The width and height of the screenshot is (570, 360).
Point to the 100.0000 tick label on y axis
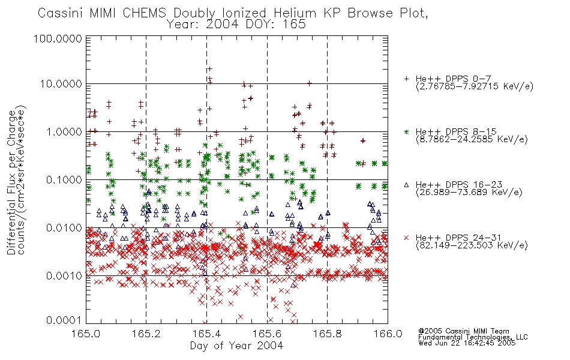[58, 38]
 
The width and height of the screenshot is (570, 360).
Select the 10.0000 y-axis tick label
[61, 84]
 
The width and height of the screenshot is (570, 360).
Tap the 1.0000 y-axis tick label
[64, 131]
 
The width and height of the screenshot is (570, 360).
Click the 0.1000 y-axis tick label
[64, 179]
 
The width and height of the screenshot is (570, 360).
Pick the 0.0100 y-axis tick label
[64, 228]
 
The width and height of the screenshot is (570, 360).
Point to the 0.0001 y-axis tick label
[64, 320]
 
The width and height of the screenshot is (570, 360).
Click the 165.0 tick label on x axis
[86, 334]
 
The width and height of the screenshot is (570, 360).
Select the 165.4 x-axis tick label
[207, 334]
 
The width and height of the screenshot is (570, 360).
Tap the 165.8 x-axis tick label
[328, 334]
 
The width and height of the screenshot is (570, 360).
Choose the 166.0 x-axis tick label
[388, 334]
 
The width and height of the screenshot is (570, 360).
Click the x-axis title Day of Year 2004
[236, 346]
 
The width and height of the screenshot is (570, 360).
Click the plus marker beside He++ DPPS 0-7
[407, 79]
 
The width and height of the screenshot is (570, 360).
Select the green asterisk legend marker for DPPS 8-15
[407, 131]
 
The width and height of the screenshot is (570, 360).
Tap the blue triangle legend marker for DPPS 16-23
[407, 185]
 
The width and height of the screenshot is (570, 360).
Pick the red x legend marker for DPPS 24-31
[407, 238]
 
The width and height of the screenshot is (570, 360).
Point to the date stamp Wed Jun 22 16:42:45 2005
[467, 343]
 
